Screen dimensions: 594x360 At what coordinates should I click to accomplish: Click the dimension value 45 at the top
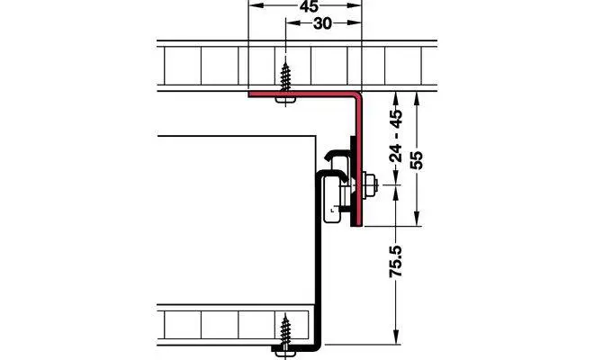click(x=309, y=6)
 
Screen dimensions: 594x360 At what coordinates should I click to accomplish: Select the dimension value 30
click(x=323, y=23)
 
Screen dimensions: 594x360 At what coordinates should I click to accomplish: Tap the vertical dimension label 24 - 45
click(x=396, y=136)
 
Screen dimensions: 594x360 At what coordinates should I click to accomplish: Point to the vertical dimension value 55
click(x=417, y=160)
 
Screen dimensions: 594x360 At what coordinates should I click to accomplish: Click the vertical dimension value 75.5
click(x=396, y=262)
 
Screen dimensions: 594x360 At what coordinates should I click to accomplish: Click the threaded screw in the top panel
click(x=285, y=76)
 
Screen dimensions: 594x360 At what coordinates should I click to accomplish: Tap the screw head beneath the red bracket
click(x=285, y=100)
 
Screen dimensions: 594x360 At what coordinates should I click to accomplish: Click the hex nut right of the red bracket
click(x=370, y=184)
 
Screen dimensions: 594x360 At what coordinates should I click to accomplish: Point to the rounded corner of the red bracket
click(x=357, y=96)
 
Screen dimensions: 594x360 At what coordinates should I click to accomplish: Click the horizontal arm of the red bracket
click(x=301, y=94)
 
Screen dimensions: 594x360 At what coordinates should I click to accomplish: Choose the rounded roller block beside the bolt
click(x=332, y=201)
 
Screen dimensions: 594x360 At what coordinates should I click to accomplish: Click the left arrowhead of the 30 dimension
click(x=292, y=23)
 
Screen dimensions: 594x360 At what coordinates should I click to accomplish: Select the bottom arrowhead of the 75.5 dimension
click(x=396, y=337)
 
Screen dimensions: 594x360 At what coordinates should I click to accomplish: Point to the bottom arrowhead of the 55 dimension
click(x=417, y=219)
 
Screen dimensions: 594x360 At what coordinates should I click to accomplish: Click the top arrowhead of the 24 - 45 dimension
click(x=396, y=98)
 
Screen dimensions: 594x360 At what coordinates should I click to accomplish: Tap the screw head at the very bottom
click(x=285, y=353)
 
